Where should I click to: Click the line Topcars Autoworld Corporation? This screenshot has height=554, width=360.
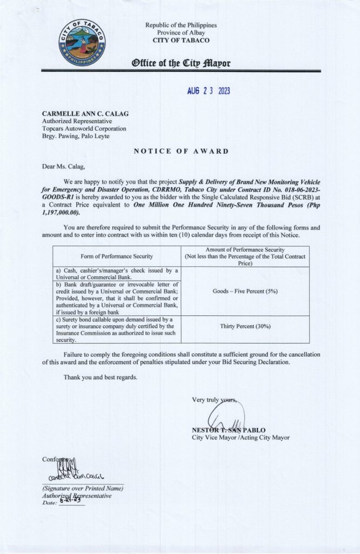[x=84, y=129]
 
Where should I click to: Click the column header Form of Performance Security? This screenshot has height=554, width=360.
[x=116, y=256]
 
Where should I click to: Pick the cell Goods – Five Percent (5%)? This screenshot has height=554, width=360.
[x=245, y=291]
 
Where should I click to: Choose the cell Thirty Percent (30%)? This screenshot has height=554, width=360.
[x=245, y=327]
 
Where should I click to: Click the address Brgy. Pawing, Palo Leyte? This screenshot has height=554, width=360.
[x=77, y=136]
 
